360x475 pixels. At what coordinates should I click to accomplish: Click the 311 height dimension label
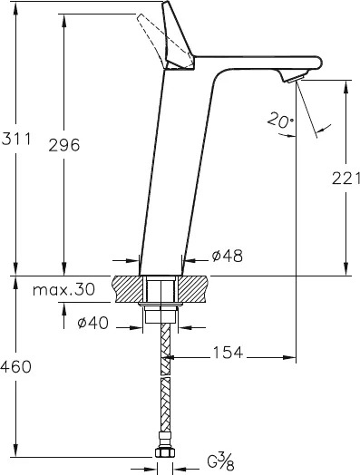click(x=16, y=139)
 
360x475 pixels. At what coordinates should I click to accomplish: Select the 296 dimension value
click(x=64, y=145)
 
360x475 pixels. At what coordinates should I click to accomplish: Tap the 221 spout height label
click(x=346, y=178)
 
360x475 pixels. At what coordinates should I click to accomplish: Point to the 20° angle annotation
click(x=280, y=120)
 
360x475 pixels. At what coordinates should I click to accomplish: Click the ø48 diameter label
click(x=228, y=256)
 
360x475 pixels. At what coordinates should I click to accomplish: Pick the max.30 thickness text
click(x=63, y=289)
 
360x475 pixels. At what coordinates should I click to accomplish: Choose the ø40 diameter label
click(x=92, y=323)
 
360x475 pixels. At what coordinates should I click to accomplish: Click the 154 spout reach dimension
click(x=229, y=353)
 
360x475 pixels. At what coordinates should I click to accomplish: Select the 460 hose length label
click(x=15, y=367)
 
